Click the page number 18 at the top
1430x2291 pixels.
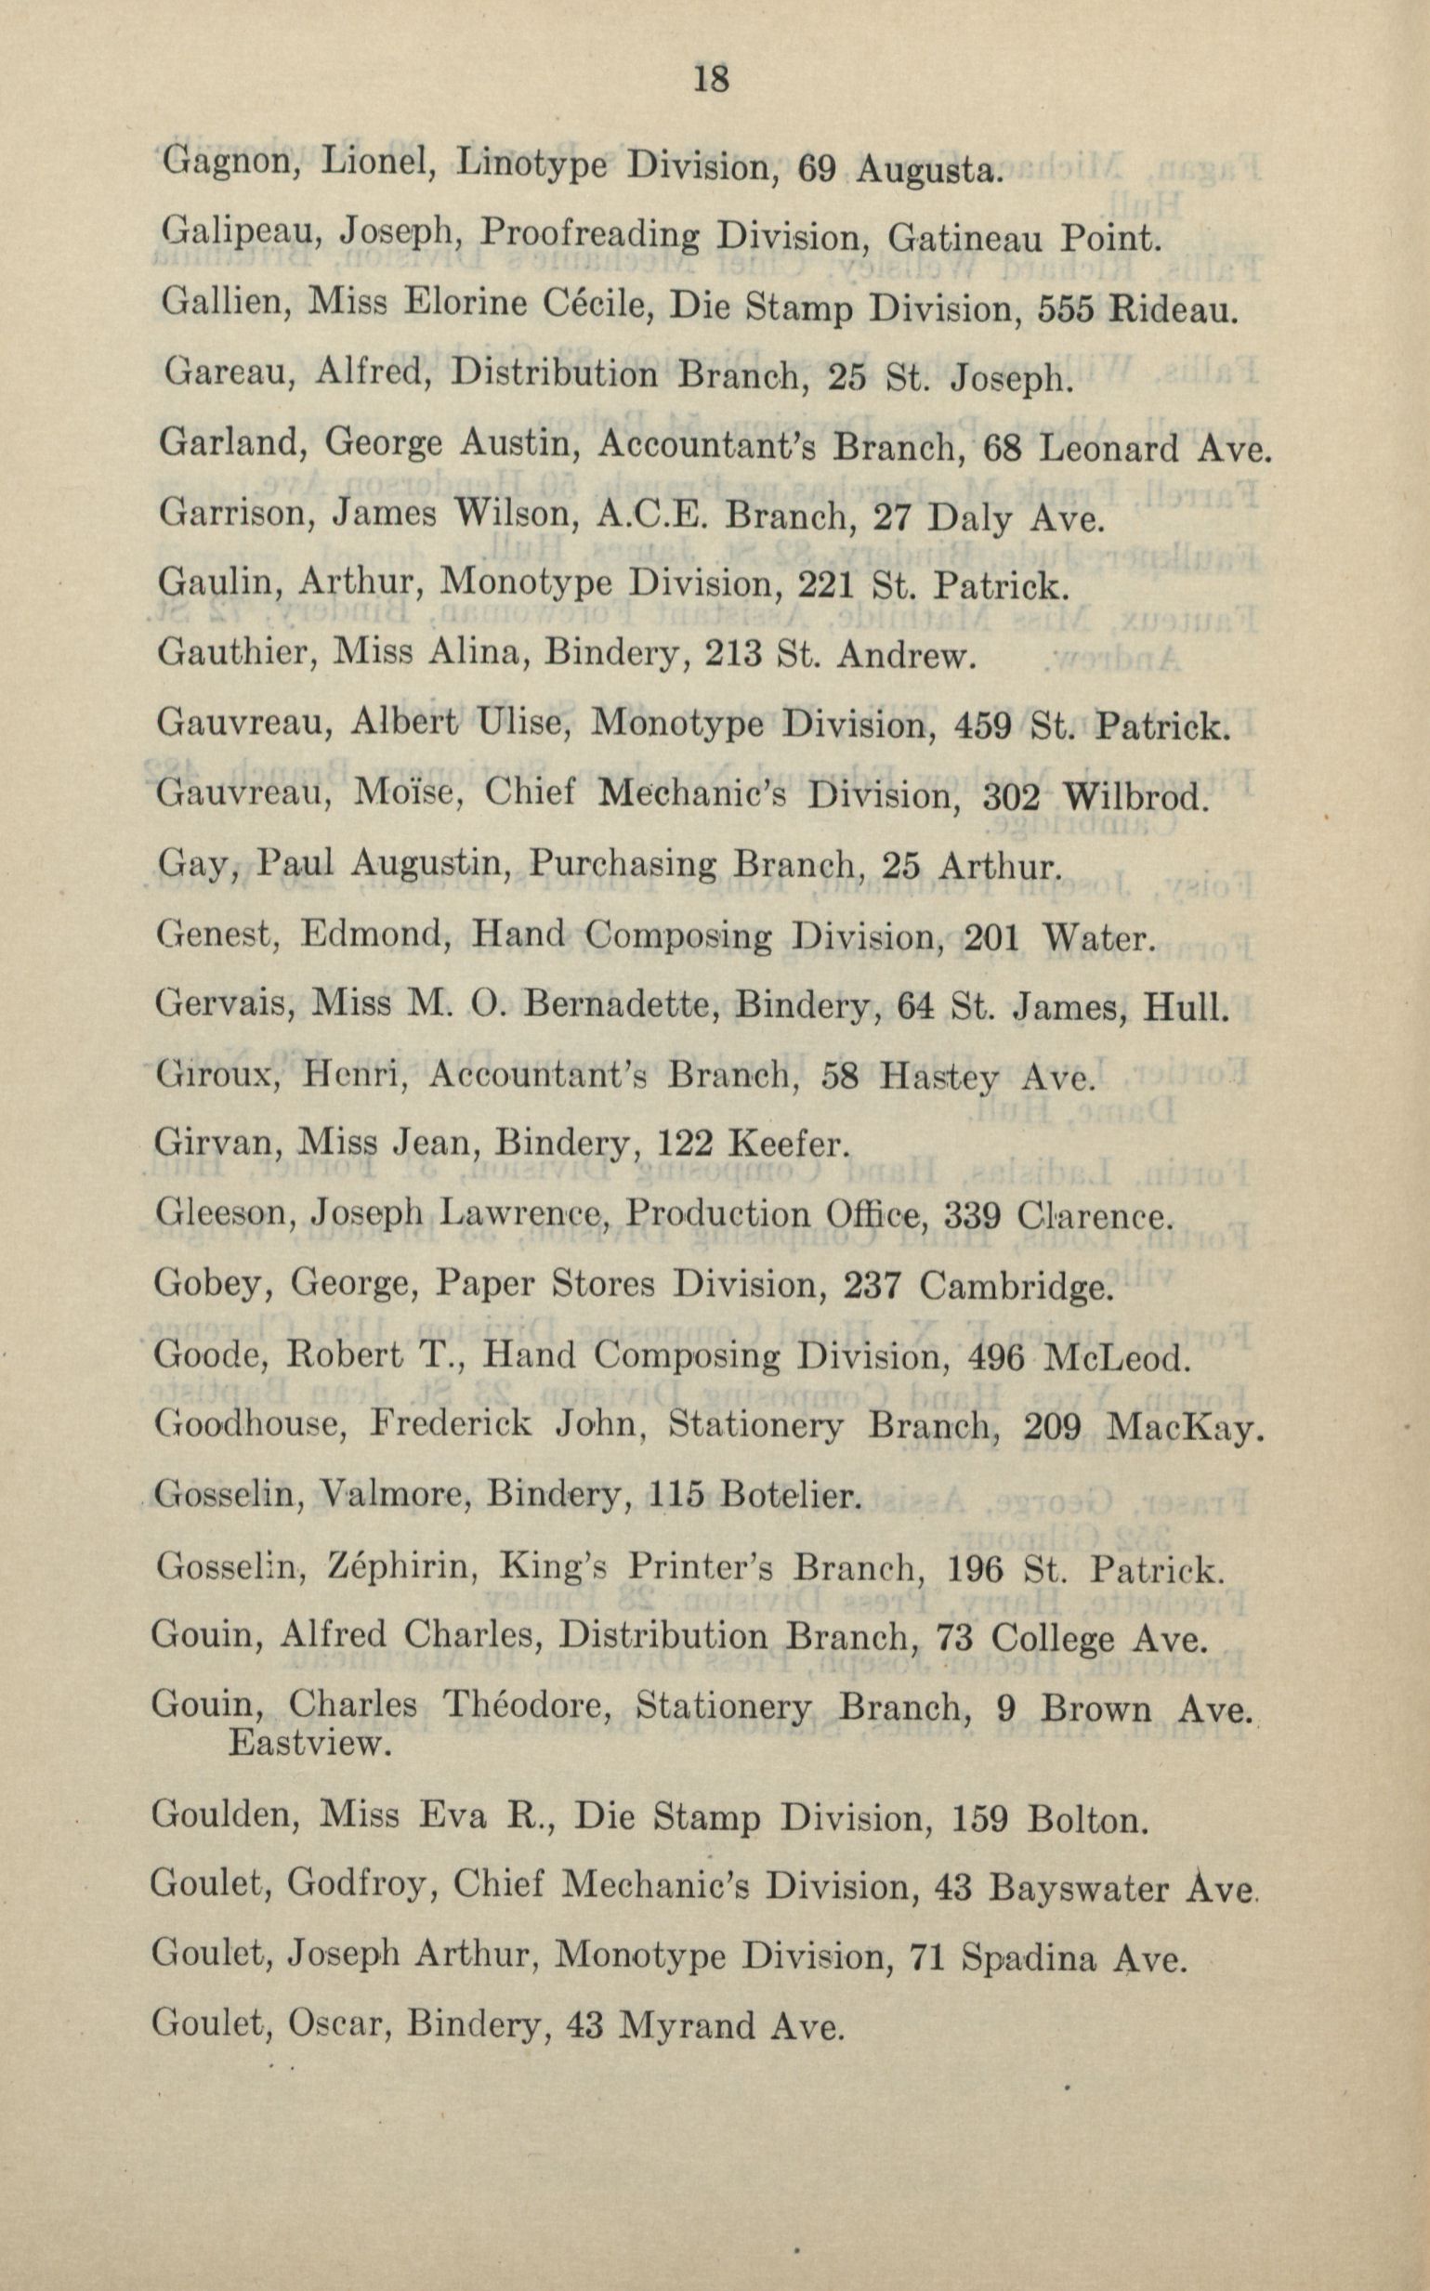pyautogui.click(x=711, y=79)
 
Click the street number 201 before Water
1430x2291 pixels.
pyautogui.click(x=990, y=939)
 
